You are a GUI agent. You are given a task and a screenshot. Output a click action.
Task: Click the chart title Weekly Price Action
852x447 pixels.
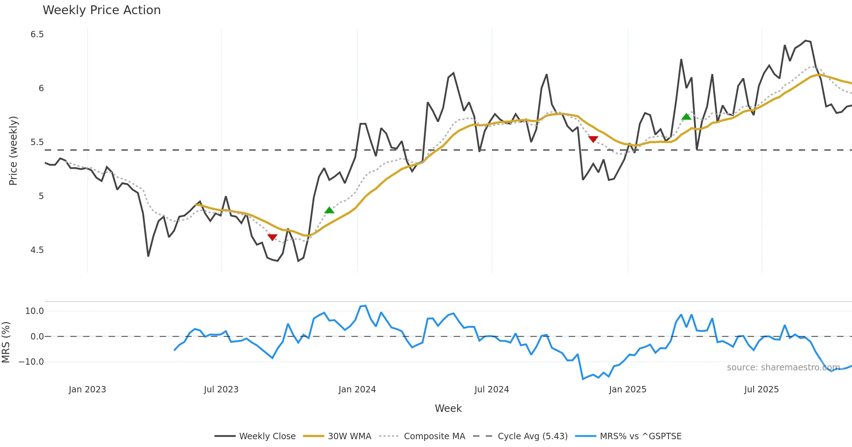tap(102, 10)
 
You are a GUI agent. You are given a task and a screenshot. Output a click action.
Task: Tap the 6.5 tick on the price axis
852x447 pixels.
tap(37, 34)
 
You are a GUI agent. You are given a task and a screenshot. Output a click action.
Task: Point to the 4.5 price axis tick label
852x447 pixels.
tap(37, 250)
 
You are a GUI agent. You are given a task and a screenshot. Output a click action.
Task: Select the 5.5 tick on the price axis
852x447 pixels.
tap(37, 142)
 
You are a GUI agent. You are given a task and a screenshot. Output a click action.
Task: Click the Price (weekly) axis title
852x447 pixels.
tap(13, 151)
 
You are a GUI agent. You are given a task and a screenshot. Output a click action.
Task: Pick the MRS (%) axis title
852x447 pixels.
tap(6, 342)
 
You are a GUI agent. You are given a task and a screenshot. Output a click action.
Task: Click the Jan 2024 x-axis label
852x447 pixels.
tap(357, 390)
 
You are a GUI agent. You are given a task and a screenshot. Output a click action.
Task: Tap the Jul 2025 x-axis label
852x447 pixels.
tap(761, 390)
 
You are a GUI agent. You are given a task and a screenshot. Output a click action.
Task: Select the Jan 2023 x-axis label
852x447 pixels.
tap(87, 390)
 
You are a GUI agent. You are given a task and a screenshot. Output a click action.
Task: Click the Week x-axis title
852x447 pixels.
tap(448, 409)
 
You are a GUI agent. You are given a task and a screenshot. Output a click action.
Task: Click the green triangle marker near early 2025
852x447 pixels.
tap(686, 117)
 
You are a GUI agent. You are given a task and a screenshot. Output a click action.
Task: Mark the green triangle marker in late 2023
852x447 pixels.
tap(329, 210)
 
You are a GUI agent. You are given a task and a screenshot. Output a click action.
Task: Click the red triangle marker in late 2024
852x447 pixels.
tap(593, 139)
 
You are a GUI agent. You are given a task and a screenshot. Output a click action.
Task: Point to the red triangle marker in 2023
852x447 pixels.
tap(272, 237)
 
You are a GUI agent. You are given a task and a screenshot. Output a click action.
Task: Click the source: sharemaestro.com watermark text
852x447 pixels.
tap(783, 368)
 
